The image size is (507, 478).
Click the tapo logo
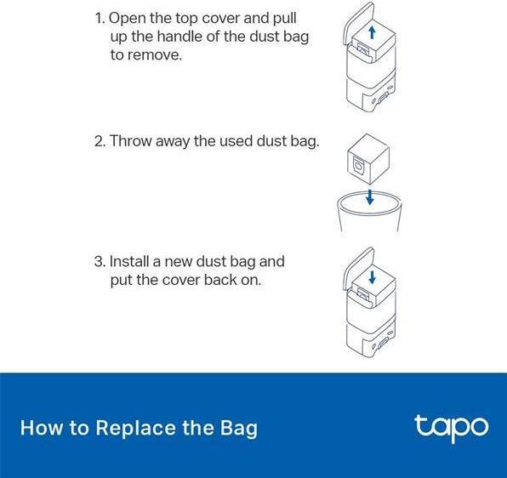452,428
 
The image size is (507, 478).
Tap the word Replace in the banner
136,429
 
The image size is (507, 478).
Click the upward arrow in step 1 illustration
372,32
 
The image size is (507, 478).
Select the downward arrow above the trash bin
369,197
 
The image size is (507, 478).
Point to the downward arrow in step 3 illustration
372,277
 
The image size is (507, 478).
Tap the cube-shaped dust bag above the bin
368,160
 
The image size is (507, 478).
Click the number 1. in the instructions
100,18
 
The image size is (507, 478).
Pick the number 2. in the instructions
100,141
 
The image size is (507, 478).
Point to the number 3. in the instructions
100,261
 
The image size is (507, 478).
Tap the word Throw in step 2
131,141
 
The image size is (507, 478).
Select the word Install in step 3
129,261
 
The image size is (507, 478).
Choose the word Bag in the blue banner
239,429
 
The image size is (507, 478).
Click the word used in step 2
236,141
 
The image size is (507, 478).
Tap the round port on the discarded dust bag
358,166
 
